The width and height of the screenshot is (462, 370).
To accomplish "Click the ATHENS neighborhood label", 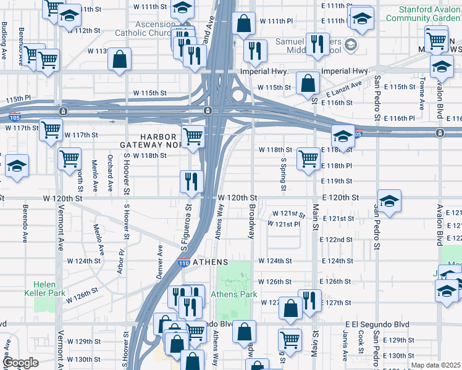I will coord(211,262).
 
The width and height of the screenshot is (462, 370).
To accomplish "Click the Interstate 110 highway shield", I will coord(183,263).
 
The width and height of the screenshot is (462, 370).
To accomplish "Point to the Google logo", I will coord(20,363).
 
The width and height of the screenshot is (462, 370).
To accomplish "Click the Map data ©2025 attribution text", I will coord(435,365).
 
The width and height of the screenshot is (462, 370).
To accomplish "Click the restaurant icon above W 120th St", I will coord(191,181).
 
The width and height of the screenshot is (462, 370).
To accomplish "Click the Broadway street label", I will coord(251,220).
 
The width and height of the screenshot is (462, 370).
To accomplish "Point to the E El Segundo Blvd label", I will coord(377,324).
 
